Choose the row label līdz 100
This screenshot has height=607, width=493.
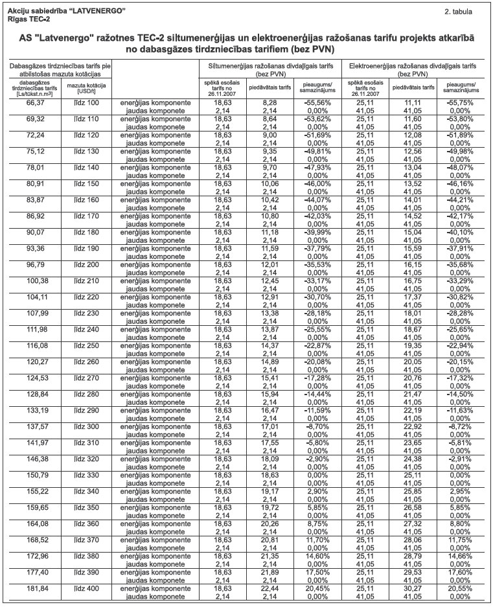(85, 103)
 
